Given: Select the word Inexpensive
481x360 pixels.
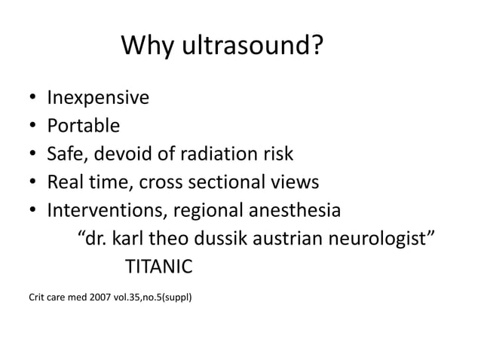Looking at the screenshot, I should pyautogui.click(x=98, y=98).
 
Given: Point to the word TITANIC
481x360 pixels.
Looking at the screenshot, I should pyautogui.click(x=158, y=266).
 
